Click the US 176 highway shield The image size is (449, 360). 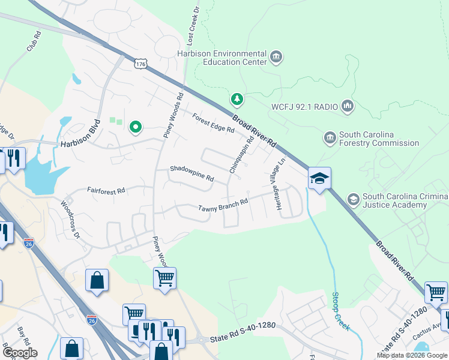coord(140,64)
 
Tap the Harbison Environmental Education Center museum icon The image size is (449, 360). coord(277,58)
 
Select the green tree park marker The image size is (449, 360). coord(238,99)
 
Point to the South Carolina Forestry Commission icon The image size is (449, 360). coord(330,139)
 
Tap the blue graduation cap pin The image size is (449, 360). coord(320,178)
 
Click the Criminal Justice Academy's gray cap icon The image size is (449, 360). coord(353,199)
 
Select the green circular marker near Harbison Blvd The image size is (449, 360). coord(136,127)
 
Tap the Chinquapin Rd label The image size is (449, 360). coord(242,155)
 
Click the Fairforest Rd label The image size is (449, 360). coord(106,190)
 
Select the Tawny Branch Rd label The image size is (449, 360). coord(223,206)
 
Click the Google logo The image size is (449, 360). coord(19,352)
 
